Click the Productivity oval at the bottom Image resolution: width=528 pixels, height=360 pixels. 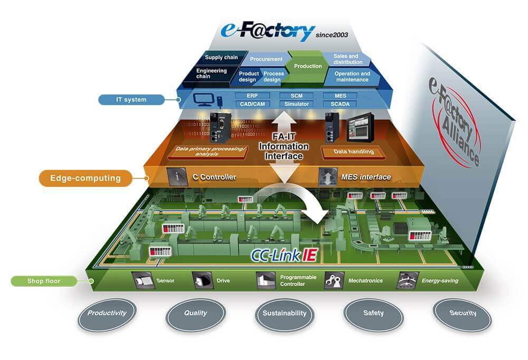coord(107,314)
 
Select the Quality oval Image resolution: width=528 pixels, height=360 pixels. coord(195,314)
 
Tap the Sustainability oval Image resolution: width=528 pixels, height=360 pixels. coord(284,314)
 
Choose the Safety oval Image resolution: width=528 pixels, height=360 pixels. coord(373,314)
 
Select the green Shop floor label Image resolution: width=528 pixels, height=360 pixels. coord(43,281)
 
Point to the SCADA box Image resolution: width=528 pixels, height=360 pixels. coord(340,104)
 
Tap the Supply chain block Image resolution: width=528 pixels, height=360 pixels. coord(221,58)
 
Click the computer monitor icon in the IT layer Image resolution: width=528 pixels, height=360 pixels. coord(202,99)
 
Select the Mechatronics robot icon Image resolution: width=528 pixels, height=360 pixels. coord(334,280)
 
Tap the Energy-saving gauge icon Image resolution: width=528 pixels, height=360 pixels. coord(408,280)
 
